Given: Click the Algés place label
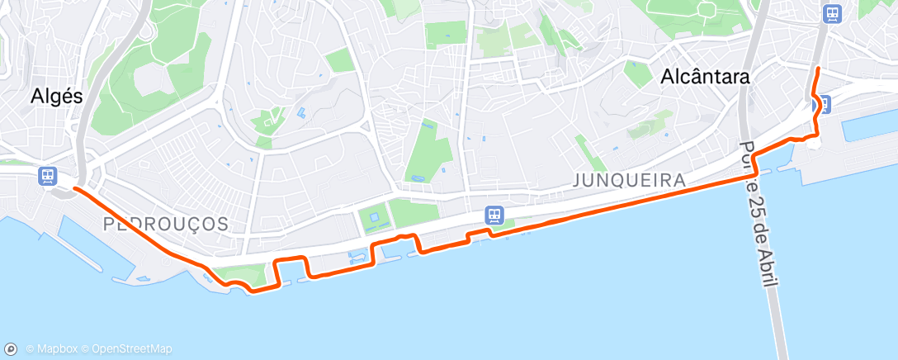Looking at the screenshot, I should pos(57,96).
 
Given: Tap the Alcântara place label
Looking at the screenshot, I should pos(705,77).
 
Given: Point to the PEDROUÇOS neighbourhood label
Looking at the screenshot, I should pos(166,224).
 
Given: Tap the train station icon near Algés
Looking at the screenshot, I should pos(48,176).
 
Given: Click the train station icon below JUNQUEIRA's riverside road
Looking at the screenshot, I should pos(494,215).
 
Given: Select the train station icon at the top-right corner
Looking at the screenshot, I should pos(832,14).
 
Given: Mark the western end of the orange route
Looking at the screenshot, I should pos(75,188).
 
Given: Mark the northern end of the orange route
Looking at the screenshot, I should pos(817,68).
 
